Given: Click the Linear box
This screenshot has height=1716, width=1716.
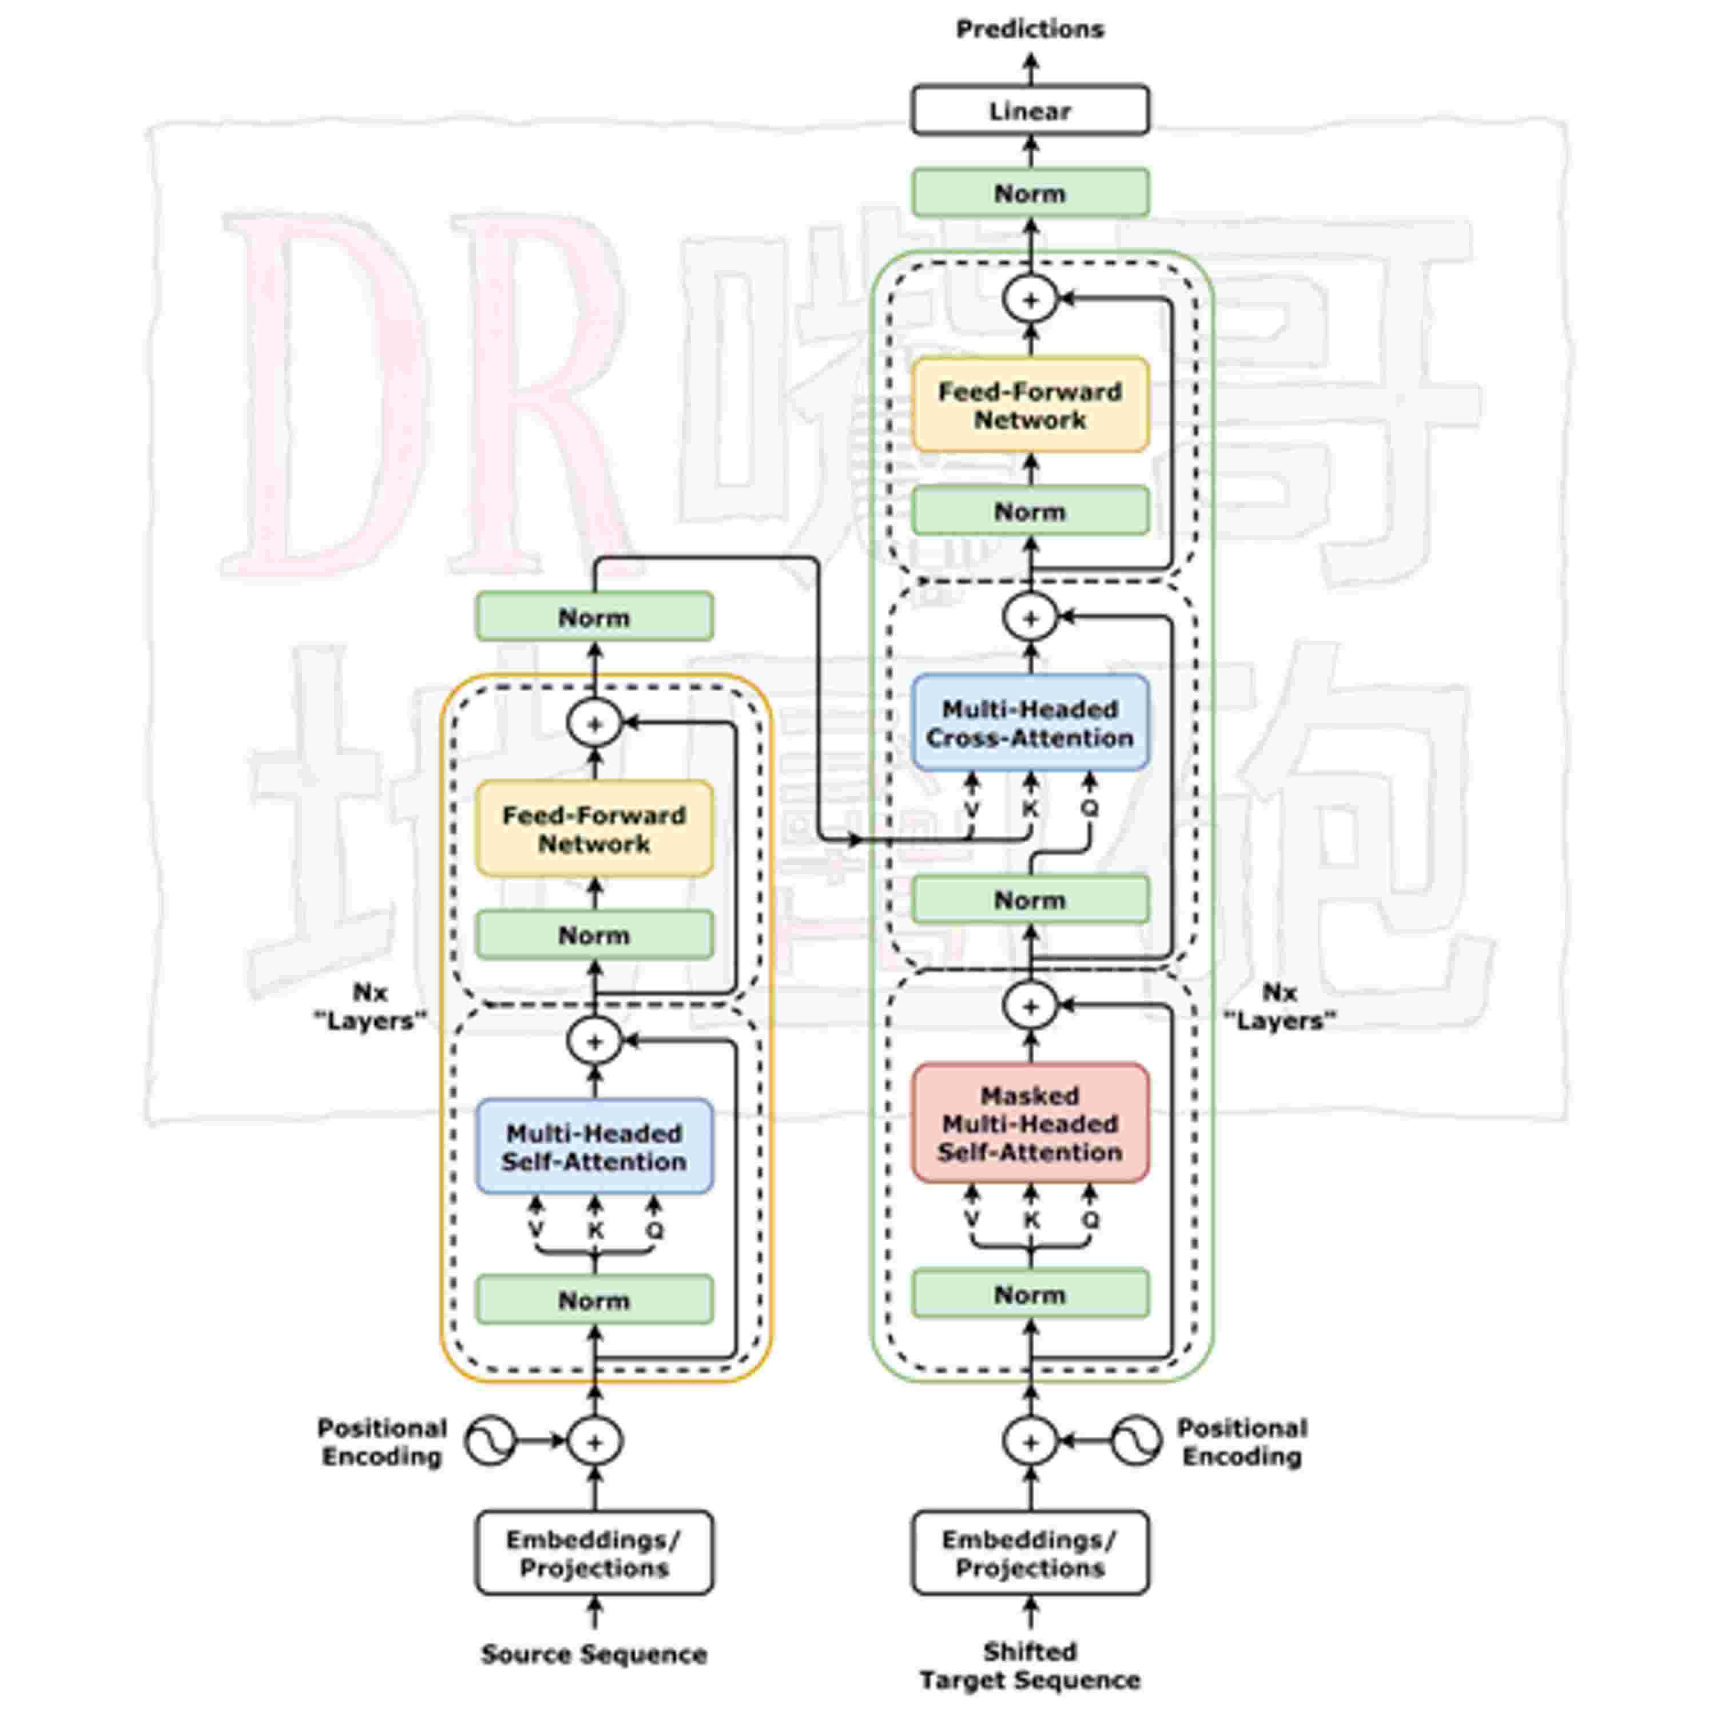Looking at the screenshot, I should pos(1030,110).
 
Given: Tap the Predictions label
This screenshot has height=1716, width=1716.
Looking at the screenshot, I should pos(1030,29).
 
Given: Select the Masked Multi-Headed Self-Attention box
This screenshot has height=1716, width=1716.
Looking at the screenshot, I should pos(1030,1123).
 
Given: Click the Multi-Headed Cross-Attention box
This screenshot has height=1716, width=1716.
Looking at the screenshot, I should pos(1030,723).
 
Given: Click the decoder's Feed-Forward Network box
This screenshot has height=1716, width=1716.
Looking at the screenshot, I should pos(1030,405).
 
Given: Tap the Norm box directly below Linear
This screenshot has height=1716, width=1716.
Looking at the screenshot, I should pos(1030,193).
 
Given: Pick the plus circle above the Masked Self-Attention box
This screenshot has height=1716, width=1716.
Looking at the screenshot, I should pos(1030,1006).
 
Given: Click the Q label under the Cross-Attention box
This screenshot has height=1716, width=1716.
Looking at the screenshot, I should pos(1090,808).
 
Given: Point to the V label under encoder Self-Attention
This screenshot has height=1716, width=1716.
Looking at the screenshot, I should pos(535,1230).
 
